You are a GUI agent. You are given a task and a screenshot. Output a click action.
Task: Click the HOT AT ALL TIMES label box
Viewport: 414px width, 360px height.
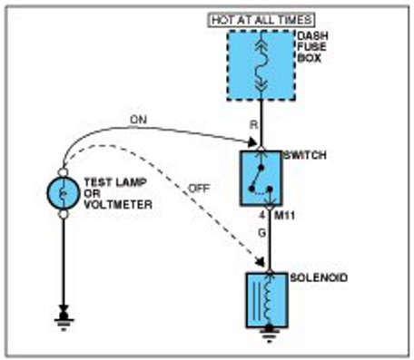pos(262,20)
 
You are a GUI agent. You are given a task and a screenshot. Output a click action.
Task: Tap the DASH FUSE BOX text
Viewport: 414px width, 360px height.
pos(312,47)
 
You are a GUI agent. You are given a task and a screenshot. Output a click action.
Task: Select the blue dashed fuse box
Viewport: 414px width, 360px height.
pos(261,65)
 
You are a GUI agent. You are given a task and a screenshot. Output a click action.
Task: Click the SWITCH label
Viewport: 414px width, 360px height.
pos(304,155)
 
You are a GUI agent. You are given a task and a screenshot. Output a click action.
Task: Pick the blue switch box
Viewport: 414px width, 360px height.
pos(261,179)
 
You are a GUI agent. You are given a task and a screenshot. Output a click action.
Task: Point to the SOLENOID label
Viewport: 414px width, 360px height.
pos(319,277)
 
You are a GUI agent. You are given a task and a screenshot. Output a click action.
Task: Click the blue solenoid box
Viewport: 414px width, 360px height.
pos(267,300)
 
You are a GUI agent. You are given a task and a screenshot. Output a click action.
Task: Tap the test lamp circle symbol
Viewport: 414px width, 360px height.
pos(64,193)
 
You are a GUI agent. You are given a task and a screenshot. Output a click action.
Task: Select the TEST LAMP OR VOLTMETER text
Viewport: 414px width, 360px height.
pos(118,193)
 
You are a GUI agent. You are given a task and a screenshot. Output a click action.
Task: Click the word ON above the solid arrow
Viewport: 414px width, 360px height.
pos(138,120)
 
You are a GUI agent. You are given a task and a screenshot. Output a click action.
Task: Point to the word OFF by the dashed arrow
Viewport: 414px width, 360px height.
pos(199,189)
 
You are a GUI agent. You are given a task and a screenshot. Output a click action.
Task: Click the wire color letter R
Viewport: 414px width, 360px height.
pos(253,124)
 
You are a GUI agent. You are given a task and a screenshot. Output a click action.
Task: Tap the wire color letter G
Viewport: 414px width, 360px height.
pos(261,233)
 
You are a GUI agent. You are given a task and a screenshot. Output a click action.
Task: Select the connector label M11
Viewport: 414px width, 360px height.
pos(284,216)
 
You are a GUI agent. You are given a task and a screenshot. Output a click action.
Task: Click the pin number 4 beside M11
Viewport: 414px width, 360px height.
pos(262,216)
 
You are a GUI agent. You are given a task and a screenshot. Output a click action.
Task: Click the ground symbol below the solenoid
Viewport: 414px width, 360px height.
pos(269,334)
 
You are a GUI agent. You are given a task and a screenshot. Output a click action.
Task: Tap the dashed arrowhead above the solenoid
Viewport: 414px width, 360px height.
pos(261,261)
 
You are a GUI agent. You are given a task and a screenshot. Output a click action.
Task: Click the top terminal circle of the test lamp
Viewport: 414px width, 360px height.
pos(63,172)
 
